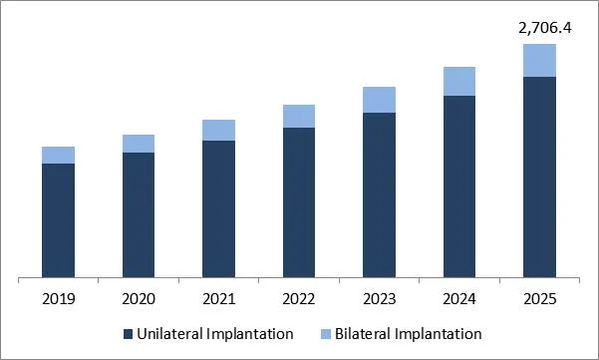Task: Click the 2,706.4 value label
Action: [x=539, y=28]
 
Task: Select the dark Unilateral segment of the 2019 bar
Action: [x=58, y=220]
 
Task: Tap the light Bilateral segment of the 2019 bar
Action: [x=58, y=155]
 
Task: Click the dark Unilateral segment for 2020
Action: [x=139, y=214]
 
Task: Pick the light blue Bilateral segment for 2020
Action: [x=139, y=144]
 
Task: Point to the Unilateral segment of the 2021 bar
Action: [x=218, y=208]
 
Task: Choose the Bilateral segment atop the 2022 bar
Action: [x=299, y=116]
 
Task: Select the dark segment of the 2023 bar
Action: [x=379, y=194]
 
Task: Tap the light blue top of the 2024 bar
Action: [x=459, y=81]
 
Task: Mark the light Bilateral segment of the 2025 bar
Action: [x=539, y=60]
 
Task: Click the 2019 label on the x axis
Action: [x=58, y=297]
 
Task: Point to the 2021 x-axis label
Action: [x=218, y=297]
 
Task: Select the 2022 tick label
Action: [x=299, y=297]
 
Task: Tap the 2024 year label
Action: [x=459, y=297]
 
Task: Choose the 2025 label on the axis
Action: [x=539, y=297]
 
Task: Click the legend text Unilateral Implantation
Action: [x=214, y=333]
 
